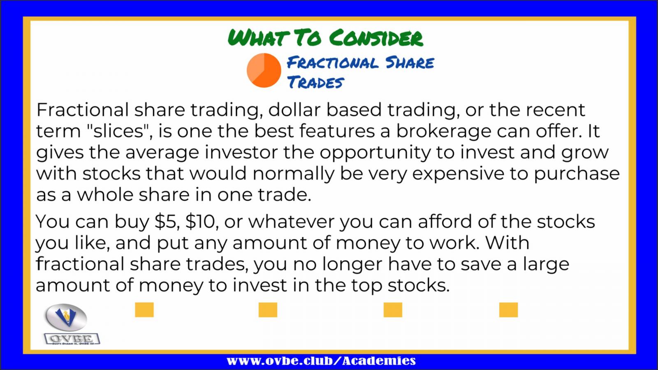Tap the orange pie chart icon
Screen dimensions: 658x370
(x=264, y=70)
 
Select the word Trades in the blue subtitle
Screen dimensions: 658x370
(x=315, y=82)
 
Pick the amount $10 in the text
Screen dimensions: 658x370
(x=201, y=222)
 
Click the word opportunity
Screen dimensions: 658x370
(x=375, y=153)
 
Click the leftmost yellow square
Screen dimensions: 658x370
(x=144, y=310)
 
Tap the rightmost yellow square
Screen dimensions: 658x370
(x=508, y=310)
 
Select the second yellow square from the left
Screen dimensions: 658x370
(x=268, y=310)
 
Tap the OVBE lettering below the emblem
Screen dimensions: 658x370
(x=72, y=339)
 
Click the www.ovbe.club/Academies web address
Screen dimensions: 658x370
(x=321, y=360)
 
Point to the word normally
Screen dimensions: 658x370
(x=294, y=174)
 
